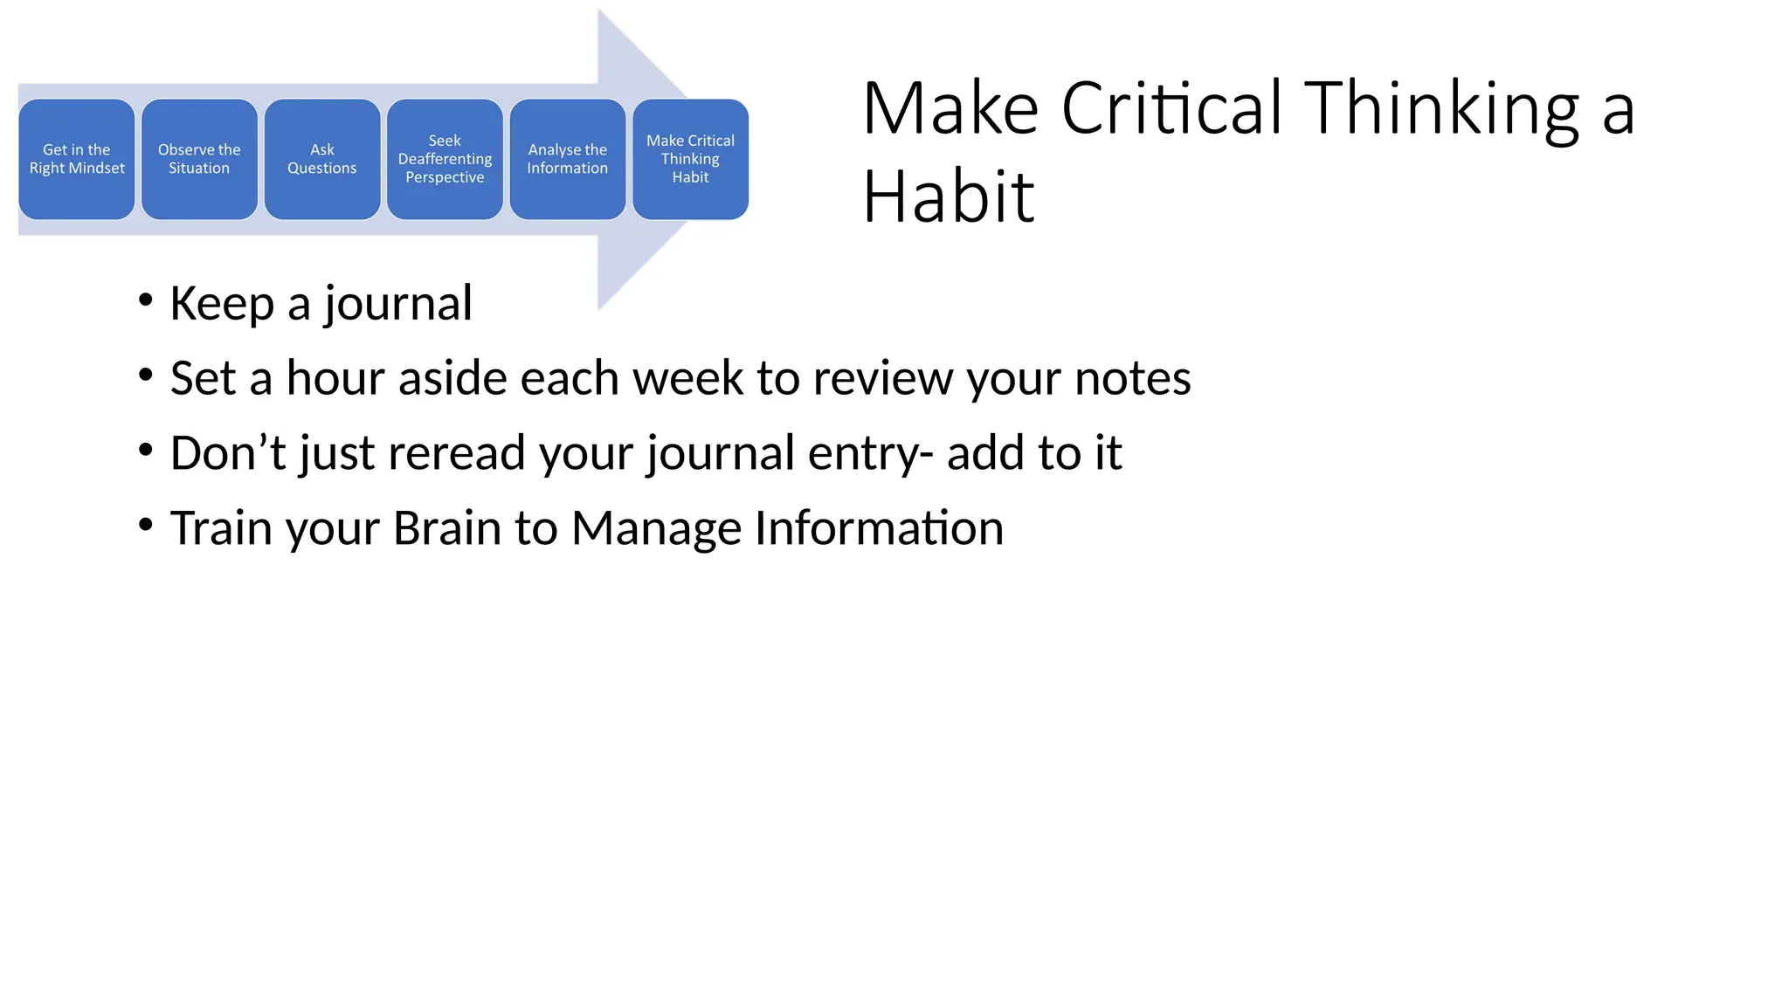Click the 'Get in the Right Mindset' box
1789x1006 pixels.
pos(77,159)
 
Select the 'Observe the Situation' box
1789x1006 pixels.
pos(199,159)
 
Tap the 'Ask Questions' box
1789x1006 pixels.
pos(322,159)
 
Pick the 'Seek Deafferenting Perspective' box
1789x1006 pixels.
pos(445,159)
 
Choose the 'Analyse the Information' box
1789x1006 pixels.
pos(568,159)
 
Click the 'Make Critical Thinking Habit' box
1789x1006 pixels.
pos(690,159)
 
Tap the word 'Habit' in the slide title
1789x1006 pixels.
pos(948,197)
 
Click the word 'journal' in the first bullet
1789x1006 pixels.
pos(397,304)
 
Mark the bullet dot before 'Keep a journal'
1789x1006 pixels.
pos(146,300)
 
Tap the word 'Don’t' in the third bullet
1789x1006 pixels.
pos(227,452)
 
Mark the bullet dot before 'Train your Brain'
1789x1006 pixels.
pos(146,525)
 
